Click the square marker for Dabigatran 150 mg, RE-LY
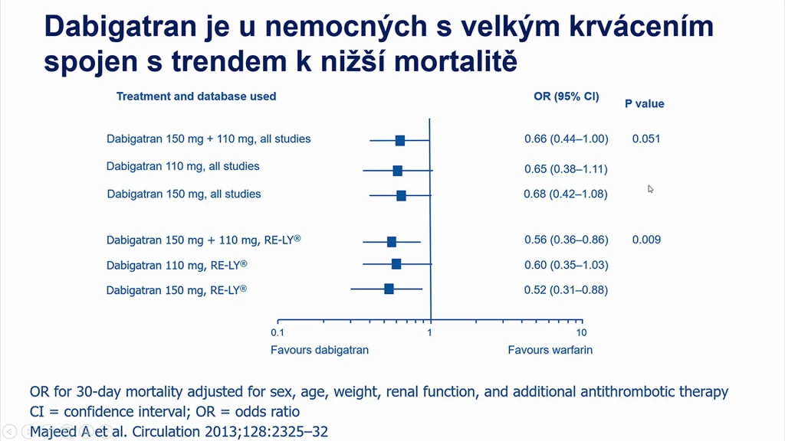coord(389,289)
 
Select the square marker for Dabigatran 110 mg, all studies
coord(398,171)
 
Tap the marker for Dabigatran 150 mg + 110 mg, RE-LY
coord(392,242)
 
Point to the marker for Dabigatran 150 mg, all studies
coord(401,195)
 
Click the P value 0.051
coord(645,139)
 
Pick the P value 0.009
coord(646,240)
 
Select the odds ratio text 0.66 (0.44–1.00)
coord(567,139)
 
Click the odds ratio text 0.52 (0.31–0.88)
coord(566,290)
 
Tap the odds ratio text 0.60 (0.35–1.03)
coord(567,265)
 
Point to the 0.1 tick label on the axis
coord(278,332)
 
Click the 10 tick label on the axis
coord(581,332)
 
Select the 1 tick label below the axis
coord(429,332)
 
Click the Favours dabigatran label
coord(320,350)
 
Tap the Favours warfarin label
coord(550,350)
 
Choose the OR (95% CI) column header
coord(567,96)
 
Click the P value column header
coord(644,104)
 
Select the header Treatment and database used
coord(196,96)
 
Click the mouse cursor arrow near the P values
coord(650,189)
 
